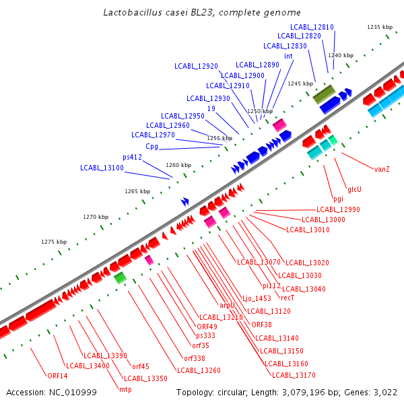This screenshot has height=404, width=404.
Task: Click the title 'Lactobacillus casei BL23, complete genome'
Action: (x=202, y=13)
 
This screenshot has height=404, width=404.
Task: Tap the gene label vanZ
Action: (x=382, y=169)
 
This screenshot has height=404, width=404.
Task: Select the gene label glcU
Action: (x=355, y=189)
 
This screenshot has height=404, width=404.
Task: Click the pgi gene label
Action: (x=338, y=199)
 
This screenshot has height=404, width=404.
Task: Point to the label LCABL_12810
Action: (x=312, y=27)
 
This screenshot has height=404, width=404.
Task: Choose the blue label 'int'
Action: (x=288, y=56)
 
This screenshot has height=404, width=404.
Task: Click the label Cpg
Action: (x=152, y=146)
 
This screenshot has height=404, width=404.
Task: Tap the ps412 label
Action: (x=132, y=157)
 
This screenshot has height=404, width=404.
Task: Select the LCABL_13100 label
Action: (x=102, y=168)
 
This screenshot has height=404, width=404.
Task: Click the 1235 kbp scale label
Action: (x=380, y=27)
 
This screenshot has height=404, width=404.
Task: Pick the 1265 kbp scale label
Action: (x=137, y=191)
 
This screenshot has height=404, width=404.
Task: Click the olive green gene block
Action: (x=324, y=94)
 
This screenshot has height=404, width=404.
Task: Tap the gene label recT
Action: (x=288, y=297)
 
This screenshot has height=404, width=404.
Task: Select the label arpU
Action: (x=228, y=305)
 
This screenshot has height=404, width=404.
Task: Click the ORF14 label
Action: (x=57, y=375)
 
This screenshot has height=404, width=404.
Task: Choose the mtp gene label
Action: (x=125, y=389)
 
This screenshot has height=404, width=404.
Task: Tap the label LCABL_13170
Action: (x=290, y=375)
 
